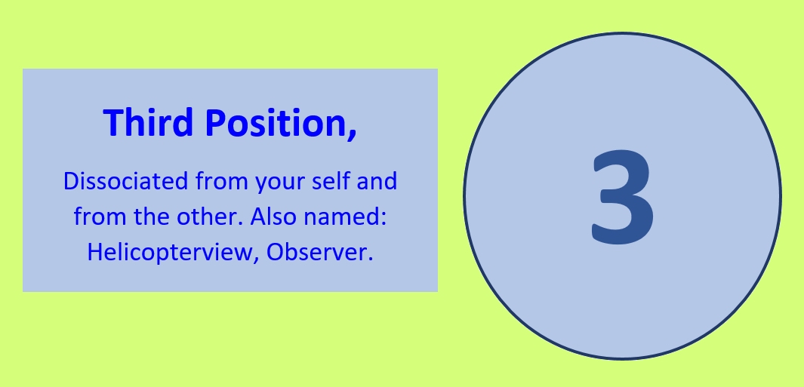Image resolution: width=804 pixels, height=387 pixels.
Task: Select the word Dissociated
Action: click(125, 181)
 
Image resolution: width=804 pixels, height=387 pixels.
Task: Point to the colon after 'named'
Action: click(382, 220)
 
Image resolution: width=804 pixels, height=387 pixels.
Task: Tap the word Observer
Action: click(316, 252)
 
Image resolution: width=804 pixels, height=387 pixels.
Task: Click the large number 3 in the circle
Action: click(623, 196)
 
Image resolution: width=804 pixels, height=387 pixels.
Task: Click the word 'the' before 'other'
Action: click(152, 217)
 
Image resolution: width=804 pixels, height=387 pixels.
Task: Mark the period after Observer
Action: click(370, 260)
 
